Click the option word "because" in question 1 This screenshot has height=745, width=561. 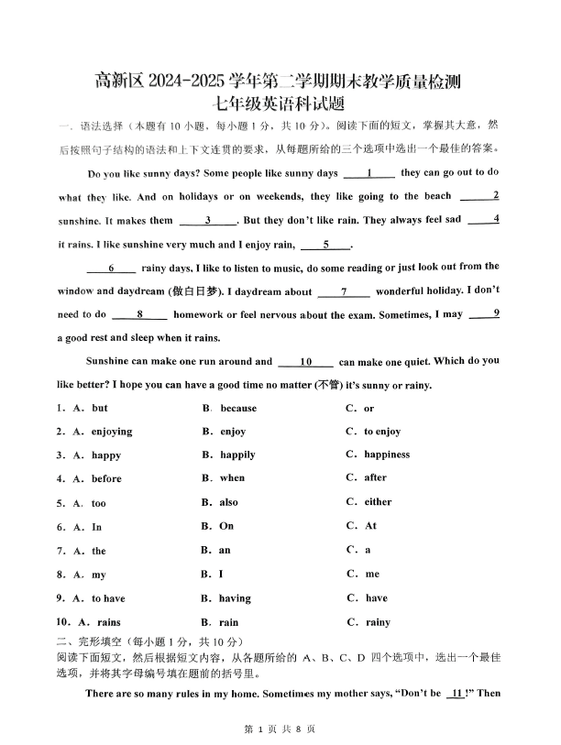237,408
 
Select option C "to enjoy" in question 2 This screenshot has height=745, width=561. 381,432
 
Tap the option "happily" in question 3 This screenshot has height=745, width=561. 237,455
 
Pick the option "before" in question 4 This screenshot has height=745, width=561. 106,478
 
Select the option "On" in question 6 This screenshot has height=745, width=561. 226,526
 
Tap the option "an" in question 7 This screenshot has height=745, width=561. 225,550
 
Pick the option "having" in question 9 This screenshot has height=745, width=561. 235,598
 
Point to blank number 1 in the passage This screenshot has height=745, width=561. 368,173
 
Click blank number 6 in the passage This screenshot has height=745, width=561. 110,268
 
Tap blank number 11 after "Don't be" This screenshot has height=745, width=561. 456,694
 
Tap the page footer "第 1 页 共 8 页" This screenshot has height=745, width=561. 280,729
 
